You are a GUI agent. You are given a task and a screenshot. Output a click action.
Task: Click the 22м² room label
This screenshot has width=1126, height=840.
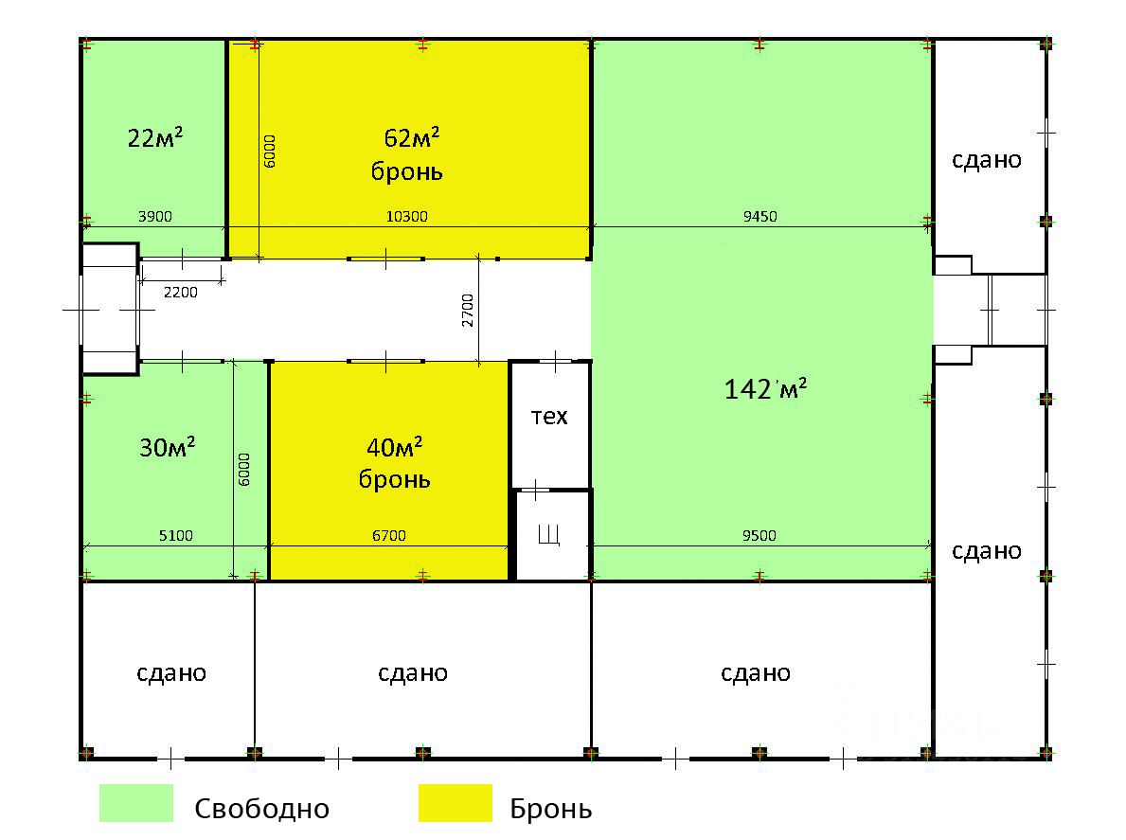[155, 138]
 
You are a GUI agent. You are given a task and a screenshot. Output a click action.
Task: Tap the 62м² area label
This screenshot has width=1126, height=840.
[412, 138]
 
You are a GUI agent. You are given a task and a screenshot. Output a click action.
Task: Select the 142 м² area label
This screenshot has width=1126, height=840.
[765, 389]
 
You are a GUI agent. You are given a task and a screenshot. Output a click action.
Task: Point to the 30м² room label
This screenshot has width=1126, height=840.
[168, 447]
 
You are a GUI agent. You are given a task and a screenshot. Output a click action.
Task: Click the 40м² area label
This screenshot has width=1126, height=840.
[394, 446]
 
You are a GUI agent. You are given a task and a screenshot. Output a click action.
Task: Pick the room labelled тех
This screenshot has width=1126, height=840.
[549, 416]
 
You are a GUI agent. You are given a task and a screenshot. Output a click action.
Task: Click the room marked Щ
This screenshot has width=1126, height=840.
[549, 536]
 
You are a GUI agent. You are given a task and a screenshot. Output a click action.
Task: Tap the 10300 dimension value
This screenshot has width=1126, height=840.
[408, 216]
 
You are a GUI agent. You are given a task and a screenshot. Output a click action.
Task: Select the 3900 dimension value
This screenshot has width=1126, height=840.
[155, 216]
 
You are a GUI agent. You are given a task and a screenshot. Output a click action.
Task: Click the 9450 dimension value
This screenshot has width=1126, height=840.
[760, 216]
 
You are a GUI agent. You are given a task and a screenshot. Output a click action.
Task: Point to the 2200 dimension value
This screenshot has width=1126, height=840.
[181, 292]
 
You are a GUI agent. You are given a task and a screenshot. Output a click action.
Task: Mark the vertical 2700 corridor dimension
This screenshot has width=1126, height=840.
[469, 311]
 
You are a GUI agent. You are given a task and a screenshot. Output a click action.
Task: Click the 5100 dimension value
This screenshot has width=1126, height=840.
[175, 536]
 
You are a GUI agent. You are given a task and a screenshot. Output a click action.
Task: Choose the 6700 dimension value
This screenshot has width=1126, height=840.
[388, 536]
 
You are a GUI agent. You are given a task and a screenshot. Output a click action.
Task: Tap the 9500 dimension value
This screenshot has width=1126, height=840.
[760, 536]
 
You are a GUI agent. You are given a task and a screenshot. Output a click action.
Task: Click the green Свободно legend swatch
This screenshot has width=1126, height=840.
[136, 803]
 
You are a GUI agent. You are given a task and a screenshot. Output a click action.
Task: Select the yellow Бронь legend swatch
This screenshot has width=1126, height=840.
[456, 803]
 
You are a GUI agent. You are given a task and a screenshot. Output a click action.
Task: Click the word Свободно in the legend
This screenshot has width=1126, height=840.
[262, 809]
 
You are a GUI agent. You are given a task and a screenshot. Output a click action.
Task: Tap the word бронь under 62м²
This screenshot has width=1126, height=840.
[408, 172]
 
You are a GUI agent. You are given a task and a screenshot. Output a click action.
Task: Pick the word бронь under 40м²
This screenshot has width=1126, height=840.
[395, 479]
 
